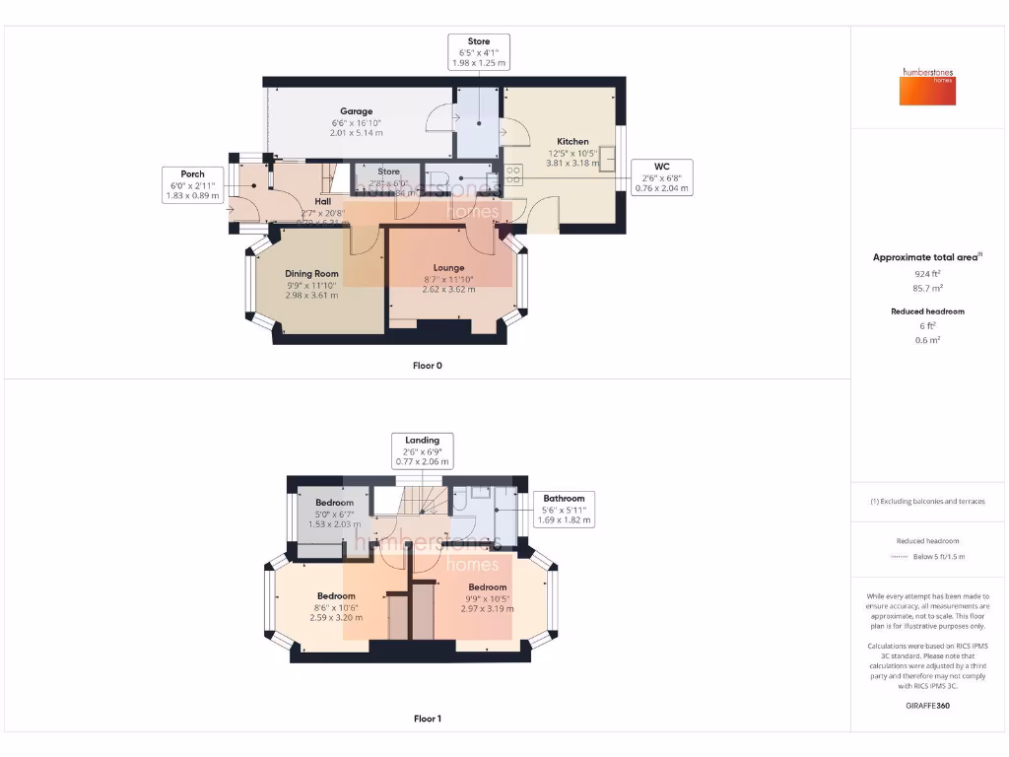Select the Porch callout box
pyautogui.click(x=193, y=184)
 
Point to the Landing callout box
pyautogui.click(x=422, y=450)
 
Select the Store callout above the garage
pyautogui.click(x=478, y=52)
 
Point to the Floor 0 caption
pyautogui.click(x=427, y=366)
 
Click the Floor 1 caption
pyautogui.click(x=427, y=719)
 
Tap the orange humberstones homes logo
pyautogui.click(x=926, y=87)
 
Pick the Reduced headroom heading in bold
pyautogui.click(x=927, y=311)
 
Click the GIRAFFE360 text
pyautogui.click(x=927, y=706)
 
